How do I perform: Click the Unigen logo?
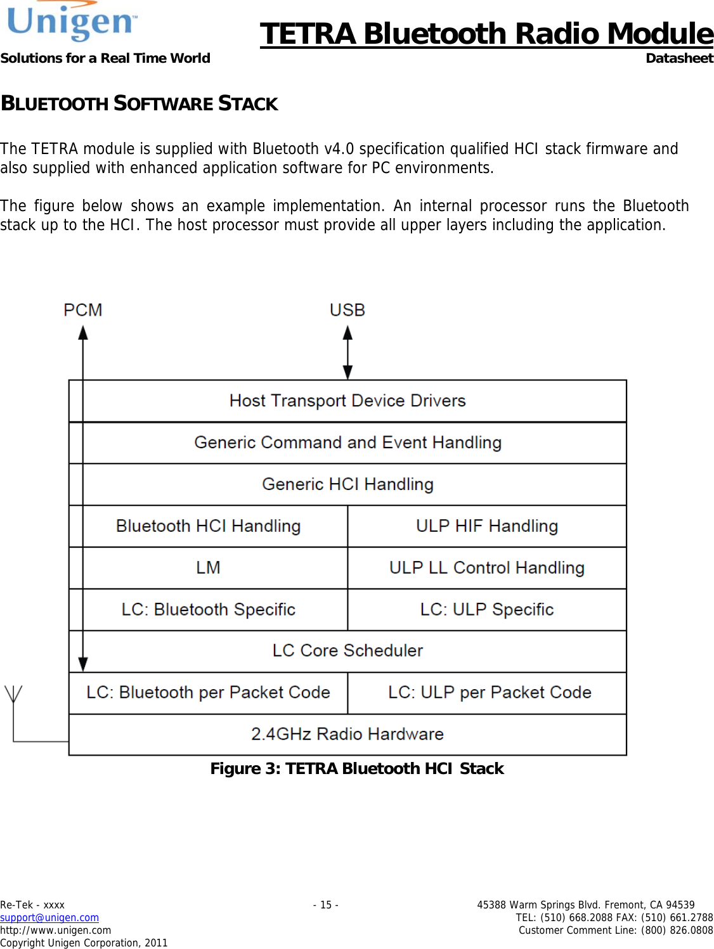[x=72, y=22]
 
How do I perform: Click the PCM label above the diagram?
[x=82, y=310]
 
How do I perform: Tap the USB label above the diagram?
[x=347, y=310]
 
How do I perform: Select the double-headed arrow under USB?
[x=347, y=352]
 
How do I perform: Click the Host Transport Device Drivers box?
[x=347, y=401]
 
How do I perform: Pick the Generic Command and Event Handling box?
[x=347, y=442]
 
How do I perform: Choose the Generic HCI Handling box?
[x=347, y=484]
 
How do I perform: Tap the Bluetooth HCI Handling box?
[x=209, y=526]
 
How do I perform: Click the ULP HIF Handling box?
[x=487, y=526]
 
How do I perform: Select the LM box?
[x=209, y=568]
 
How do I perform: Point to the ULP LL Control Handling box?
[x=487, y=568]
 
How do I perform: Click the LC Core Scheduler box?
[x=347, y=651]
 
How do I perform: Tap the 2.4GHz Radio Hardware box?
[x=347, y=734]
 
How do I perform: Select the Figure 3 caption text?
[x=356, y=769]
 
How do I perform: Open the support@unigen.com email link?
[x=49, y=917]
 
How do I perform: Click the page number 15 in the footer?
[x=325, y=905]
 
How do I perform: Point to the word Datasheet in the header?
[x=679, y=58]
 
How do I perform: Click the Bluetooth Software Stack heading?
[x=140, y=103]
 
